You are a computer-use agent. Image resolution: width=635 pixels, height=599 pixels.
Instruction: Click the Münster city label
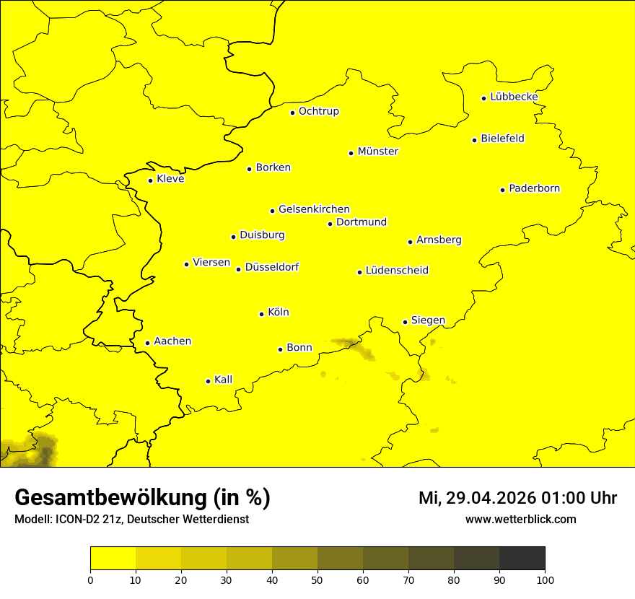point(377,152)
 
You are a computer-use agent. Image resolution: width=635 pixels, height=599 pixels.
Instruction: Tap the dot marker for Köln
point(262,314)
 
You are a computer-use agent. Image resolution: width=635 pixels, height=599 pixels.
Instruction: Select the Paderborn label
point(534,188)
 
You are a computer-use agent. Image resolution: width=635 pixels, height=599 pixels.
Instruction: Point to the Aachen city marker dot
point(147,343)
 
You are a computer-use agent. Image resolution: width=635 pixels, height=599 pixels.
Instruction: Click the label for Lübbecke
point(514,97)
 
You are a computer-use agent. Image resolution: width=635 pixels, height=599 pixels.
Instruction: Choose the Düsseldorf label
point(271,267)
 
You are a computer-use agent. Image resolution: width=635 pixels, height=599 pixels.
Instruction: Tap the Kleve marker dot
point(150,180)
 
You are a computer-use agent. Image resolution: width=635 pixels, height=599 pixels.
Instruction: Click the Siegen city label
point(428,320)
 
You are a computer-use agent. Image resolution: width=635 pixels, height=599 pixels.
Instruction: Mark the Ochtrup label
point(318,111)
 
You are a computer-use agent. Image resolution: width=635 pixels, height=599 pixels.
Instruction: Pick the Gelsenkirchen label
point(314,209)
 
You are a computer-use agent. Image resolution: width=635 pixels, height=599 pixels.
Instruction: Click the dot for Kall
point(208,381)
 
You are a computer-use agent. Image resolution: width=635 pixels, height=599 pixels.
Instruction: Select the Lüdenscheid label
point(397,271)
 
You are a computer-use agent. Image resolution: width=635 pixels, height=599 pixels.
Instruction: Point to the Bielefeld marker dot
point(474,140)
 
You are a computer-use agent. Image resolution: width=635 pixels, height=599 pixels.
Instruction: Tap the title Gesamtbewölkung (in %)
point(142,498)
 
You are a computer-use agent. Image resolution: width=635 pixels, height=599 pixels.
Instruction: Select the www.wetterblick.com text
point(520,519)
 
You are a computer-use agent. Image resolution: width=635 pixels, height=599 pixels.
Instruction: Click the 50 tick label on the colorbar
point(317,580)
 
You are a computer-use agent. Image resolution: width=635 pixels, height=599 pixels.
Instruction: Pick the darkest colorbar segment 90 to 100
point(522,558)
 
